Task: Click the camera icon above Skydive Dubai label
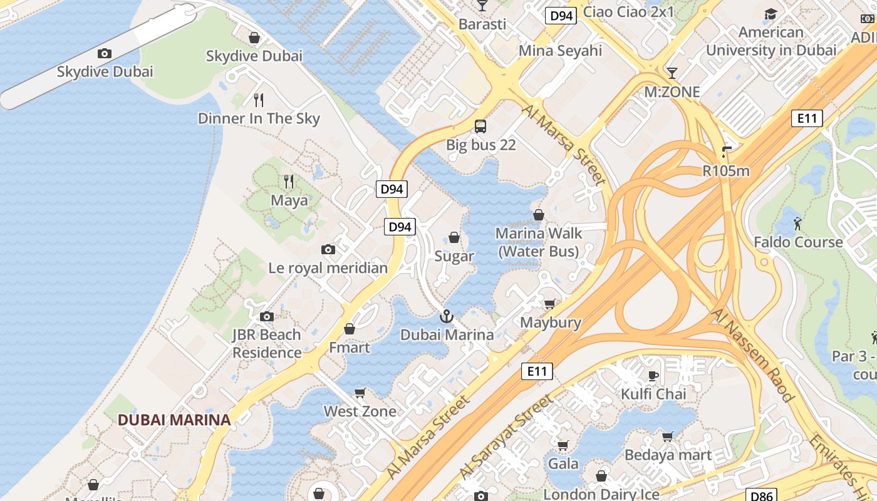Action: click(105, 53)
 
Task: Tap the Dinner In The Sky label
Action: click(259, 118)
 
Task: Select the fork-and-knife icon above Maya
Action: click(289, 182)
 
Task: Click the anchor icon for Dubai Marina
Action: click(447, 316)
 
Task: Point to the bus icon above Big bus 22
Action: click(480, 127)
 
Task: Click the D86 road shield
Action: click(762, 495)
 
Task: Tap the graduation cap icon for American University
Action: click(771, 14)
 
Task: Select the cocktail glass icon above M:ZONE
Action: click(672, 73)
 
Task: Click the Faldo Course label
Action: click(797, 242)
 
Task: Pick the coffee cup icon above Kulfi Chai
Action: click(653, 376)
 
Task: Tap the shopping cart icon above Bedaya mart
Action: click(668, 436)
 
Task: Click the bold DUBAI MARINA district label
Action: click(174, 420)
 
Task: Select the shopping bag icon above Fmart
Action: click(350, 329)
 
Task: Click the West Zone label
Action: click(360, 411)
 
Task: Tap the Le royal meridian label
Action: click(328, 268)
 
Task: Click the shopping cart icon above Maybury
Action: click(550, 304)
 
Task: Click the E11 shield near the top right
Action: click(806, 118)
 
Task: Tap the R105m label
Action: click(725, 170)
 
